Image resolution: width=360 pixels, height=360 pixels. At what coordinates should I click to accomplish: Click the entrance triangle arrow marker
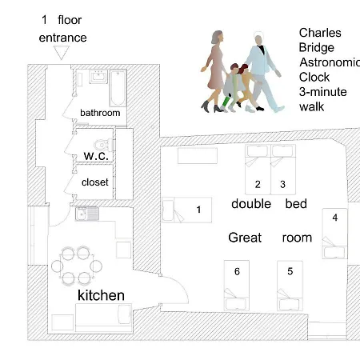pyautogui.click(x=62, y=53)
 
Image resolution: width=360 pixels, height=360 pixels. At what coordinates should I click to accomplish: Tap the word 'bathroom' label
pyautogui.click(x=100, y=113)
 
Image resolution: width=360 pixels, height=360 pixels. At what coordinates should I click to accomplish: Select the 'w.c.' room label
pyautogui.click(x=96, y=156)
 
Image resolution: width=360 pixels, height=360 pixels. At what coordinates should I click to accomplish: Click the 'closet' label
pyautogui.click(x=95, y=182)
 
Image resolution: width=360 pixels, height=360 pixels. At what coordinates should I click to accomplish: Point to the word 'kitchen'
pyautogui.click(x=101, y=295)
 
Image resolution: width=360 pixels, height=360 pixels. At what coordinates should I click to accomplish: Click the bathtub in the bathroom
pyautogui.click(x=118, y=88)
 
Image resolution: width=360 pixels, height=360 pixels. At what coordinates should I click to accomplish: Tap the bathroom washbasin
pyautogui.click(x=98, y=77)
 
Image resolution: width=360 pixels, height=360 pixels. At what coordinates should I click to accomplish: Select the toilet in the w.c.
pyautogui.click(x=103, y=145)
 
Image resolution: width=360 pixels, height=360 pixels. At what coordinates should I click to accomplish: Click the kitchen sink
pyautogui.click(x=87, y=214)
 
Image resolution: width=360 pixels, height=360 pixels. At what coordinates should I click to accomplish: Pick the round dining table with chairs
pyautogui.click(x=77, y=266)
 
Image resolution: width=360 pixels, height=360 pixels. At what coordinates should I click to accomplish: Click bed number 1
pyautogui.click(x=187, y=210)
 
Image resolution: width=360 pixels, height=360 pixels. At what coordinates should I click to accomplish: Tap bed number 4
pyautogui.click(x=335, y=234)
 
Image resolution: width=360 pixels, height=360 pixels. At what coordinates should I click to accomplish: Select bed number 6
pyautogui.click(x=237, y=286)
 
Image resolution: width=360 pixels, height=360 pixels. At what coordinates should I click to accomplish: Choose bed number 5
pyautogui.click(x=290, y=286)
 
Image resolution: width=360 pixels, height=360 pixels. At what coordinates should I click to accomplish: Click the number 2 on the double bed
pyautogui.click(x=258, y=184)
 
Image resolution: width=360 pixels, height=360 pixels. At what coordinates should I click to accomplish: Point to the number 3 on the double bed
pyautogui.click(x=282, y=184)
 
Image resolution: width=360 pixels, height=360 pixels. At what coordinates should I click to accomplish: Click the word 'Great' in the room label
pyautogui.click(x=245, y=238)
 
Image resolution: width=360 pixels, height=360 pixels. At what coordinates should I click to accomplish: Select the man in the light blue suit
pyautogui.click(x=262, y=71)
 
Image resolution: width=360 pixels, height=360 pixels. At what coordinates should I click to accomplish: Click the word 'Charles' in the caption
pyautogui.click(x=320, y=33)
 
